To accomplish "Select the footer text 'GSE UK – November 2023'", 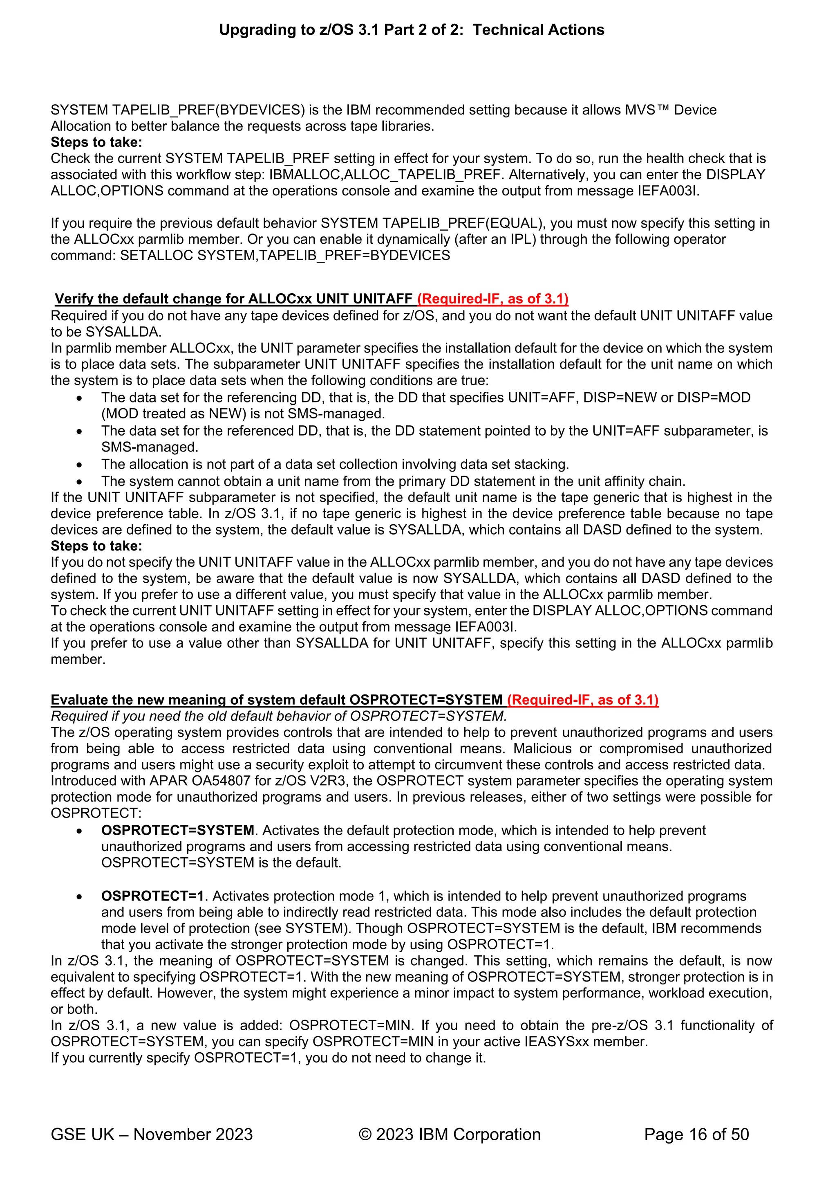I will pos(152,1134).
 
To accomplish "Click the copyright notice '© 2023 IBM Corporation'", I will pos(450,1134).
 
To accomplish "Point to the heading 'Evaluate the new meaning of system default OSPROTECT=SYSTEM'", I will pos(276,700).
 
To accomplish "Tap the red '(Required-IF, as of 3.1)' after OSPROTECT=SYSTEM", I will pos(582,700).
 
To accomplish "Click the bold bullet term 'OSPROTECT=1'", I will pos(152,896).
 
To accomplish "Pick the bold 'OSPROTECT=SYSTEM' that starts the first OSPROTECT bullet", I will pos(177,830).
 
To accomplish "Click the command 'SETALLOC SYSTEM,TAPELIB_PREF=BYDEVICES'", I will pos(285,255).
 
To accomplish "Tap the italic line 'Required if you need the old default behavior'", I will pos(278,716).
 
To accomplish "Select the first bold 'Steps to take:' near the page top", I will pos(96,142).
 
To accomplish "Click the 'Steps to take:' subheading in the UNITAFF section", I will pos(96,546).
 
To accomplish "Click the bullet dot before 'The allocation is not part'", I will pos(79,465).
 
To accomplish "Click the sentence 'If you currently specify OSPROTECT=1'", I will pos(268,1058).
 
